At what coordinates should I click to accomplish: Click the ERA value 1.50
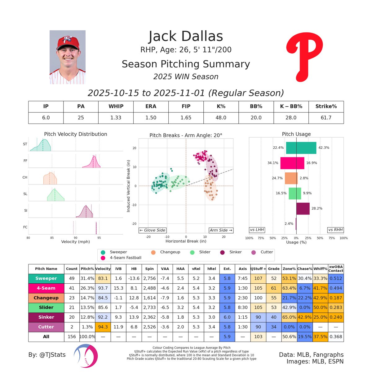(151, 117)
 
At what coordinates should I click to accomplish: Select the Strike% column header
(326, 106)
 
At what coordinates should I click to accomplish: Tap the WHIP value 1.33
(116, 117)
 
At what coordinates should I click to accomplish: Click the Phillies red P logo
(304, 57)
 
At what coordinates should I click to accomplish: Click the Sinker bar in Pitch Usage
(303, 209)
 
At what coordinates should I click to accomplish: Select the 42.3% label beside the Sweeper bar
(324, 148)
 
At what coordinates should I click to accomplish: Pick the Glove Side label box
(152, 230)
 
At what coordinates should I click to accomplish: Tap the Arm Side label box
(221, 230)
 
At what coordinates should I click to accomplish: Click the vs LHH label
(257, 230)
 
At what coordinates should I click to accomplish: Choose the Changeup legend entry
(166, 252)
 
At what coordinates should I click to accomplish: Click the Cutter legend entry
(262, 252)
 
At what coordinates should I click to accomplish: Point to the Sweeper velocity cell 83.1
(103, 278)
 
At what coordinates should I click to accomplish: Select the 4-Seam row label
(46, 288)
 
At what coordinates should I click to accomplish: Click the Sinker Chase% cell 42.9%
(305, 317)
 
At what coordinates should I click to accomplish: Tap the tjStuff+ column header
(258, 269)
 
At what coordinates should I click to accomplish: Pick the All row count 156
(72, 336)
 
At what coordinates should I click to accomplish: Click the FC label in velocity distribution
(25, 227)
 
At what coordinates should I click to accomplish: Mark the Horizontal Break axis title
(186, 241)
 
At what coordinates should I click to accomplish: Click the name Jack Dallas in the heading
(186, 36)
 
